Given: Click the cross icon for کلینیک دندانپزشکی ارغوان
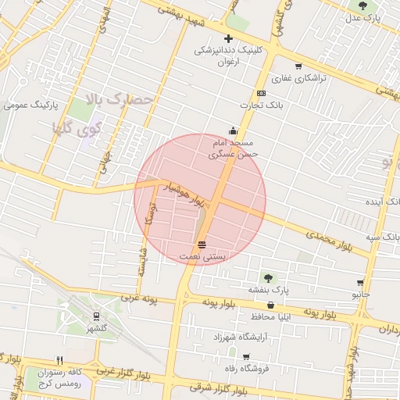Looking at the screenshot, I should [x=228, y=38].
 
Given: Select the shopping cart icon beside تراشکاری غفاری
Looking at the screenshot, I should [x=298, y=66].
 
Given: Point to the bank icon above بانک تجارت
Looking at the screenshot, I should [x=261, y=94].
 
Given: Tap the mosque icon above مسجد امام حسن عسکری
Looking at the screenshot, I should [x=232, y=130].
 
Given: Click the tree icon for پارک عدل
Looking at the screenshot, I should [x=362, y=5].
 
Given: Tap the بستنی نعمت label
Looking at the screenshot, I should [x=202, y=255].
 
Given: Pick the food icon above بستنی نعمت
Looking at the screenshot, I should [x=202, y=244].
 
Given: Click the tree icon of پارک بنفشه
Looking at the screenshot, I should [x=268, y=277].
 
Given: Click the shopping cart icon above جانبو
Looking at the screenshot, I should [x=360, y=283].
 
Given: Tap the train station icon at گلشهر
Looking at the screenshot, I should [x=96, y=316].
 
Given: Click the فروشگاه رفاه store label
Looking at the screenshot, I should [x=245, y=368].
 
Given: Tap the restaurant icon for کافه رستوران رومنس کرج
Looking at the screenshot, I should [x=59, y=360].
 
